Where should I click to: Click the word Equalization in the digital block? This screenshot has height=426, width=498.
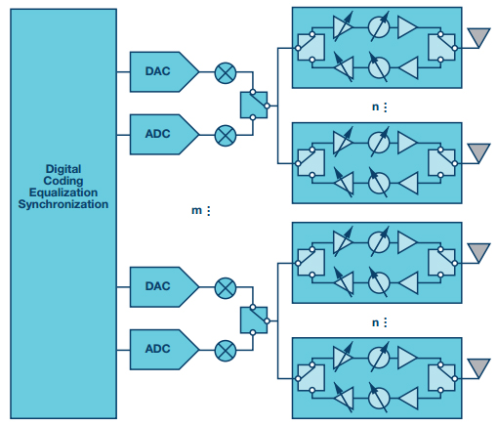click(x=63, y=192)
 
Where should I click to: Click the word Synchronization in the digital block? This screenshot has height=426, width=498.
click(x=63, y=204)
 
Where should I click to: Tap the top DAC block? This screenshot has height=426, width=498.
click(x=164, y=71)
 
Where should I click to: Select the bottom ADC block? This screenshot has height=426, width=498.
click(x=164, y=350)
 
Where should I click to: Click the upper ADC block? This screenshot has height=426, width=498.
click(x=164, y=134)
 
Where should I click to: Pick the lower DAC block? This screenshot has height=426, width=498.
click(x=164, y=287)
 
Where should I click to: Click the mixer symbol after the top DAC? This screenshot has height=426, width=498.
click(x=226, y=72)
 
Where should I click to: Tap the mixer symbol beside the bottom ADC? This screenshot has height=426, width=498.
click(x=226, y=351)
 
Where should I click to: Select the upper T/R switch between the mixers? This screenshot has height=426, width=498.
click(x=254, y=105)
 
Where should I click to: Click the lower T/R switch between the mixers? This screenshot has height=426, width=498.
click(x=254, y=320)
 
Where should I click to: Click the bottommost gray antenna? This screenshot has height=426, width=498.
click(x=478, y=368)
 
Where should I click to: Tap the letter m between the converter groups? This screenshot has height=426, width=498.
click(x=196, y=211)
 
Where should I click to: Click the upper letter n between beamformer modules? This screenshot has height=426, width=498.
click(x=375, y=106)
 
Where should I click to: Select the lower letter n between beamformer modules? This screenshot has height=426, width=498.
click(x=375, y=322)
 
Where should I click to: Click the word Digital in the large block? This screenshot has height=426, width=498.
click(x=63, y=169)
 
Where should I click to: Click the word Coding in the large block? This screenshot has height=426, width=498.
click(x=63, y=181)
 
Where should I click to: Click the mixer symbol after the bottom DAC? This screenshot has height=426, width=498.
click(x=226, y=288)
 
